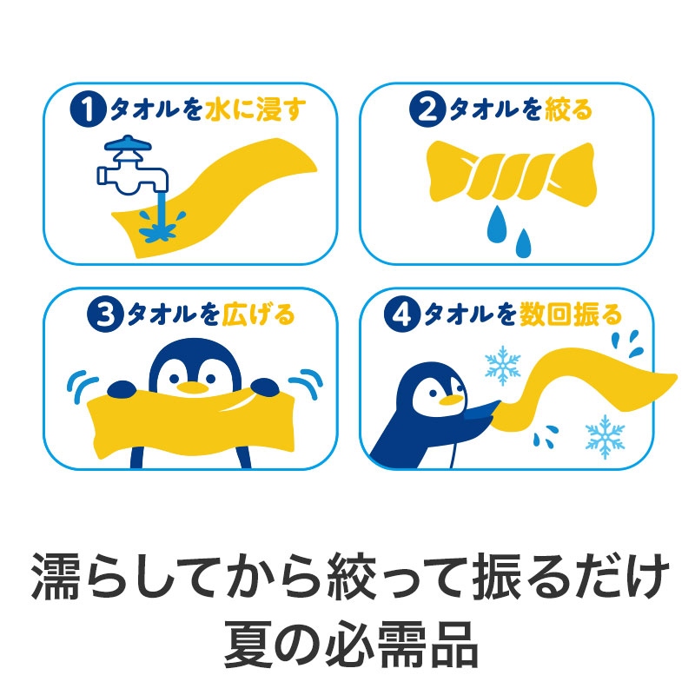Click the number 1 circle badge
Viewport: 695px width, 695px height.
coord(88,109)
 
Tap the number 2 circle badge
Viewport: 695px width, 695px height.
coord(427,109)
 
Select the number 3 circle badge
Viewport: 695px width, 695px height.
coord(105,314)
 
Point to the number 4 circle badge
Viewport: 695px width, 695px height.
coord(401,314)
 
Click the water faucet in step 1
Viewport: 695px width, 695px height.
coord(132,166)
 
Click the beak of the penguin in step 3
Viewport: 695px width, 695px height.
coord(192,387)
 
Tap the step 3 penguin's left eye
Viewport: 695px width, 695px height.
coord(174,379)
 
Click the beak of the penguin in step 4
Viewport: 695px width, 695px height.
coord(451,400)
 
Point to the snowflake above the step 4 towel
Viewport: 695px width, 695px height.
coord(502,365)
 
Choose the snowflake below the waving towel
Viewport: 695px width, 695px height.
coord(605,436)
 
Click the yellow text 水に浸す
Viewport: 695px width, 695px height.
coord(255,110)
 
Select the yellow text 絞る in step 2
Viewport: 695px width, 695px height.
coord(568,110)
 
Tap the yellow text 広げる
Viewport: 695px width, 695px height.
coord(258,315)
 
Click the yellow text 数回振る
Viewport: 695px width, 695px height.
coord(571,315)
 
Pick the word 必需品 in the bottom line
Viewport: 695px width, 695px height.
coord(401,644)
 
